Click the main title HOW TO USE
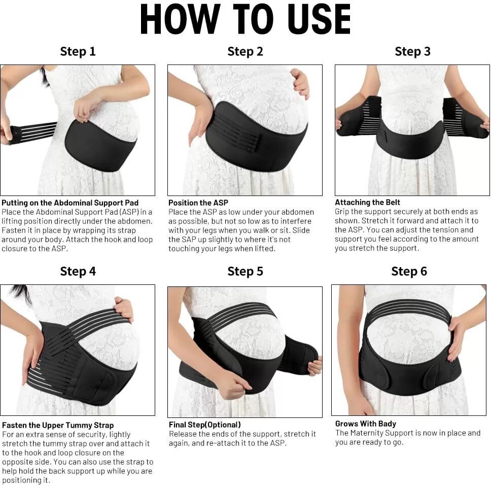pyautogui.click(x=245, y=19)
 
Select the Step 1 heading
pyautogui.click(x=78, y=51)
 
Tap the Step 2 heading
pyautogui.click(x=245, y=51)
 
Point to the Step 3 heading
pyautogui.click(x=412, y=51)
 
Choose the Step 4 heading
pyautogui.click(x=78, y=271)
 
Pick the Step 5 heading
pyautogui.click(x=245, y=271)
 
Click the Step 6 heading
pyautogui.click(x=409, y=271)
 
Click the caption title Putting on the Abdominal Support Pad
pyautogui.click(x=70, y=203)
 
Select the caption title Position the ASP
pyautogui.click(x=198, y=203)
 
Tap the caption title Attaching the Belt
pyautogui.click(x=367, y=202)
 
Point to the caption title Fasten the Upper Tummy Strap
pyautogui.click(x=58, y=426)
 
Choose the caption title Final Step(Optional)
pyautogui.click(x=205, y=425)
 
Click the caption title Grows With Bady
pyautogui.click(x=365, y=424)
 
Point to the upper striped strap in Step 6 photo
pyautogui.click(x=409, y=309)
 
